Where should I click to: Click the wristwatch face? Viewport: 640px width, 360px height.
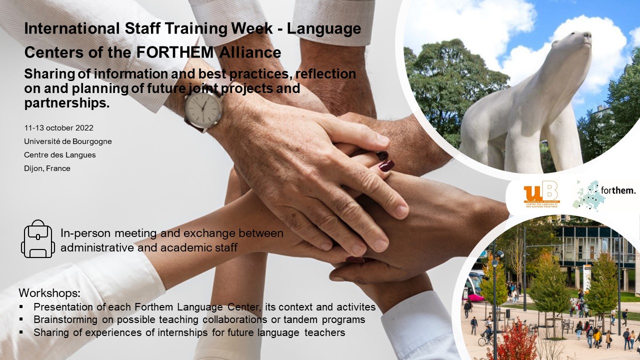pyautogui.click(x=203, y=109)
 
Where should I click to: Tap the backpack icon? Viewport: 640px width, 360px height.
pyautogui.click(x=38, y=239)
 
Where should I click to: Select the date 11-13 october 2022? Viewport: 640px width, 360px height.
pyautogui.click(x=59, y=127)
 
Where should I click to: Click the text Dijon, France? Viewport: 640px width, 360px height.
pyautogui.click(x=47, y=168)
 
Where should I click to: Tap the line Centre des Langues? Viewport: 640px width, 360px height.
pyautogui.click(x=60, y=155)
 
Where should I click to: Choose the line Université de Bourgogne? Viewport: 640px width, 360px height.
pyautogui.click(x=68, y=141)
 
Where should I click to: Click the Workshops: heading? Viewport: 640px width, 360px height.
pyautogui.click(x=49, y=293)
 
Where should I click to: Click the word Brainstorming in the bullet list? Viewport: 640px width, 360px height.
pyautogui.click(x=65, y=319)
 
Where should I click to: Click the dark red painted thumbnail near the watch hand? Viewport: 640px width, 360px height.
pyautogui.click(x=386, y=165)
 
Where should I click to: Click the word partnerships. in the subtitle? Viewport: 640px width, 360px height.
pyautogui.click(x=67, y=103)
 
